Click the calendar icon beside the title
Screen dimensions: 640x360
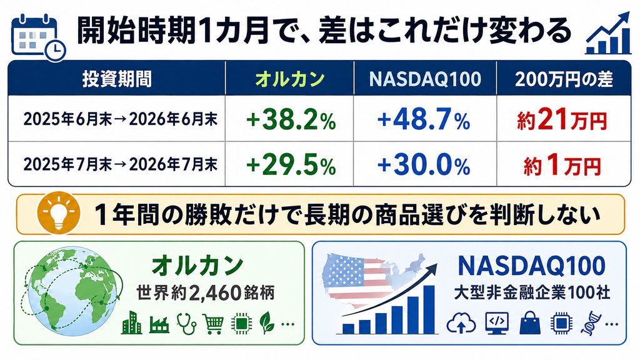tap(38, 37)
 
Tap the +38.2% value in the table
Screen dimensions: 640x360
tap(291, 120)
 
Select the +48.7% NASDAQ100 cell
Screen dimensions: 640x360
tap(424, 120)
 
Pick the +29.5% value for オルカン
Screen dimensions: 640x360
tap(291, 165)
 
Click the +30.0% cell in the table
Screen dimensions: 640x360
tap(424, 165)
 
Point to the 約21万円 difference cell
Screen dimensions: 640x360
tap(562, 120)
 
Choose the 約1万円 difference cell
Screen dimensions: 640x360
tap(562, 165)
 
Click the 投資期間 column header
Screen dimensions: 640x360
tap(117, 79)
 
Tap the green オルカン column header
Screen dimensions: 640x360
tap(290, 79)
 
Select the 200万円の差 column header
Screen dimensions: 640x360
tap(564, 79)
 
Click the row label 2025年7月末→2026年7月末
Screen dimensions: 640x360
tap(121, 164)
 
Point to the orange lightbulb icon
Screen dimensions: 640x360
tap(58, 213)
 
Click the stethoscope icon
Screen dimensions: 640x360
tap(186, 324)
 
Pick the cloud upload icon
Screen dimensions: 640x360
tap(461, 324)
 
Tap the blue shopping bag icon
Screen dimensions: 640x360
tap(530, 323)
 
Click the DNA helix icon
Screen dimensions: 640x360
tap(590, 323)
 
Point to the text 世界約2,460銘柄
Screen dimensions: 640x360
tap(205, 292)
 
